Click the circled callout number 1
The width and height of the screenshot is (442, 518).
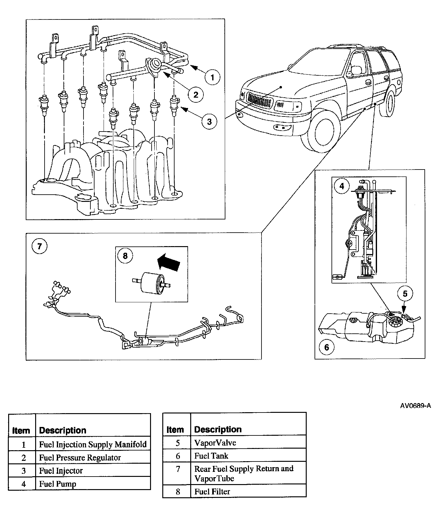click(213, 77)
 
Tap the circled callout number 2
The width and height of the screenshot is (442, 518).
click(196, 94)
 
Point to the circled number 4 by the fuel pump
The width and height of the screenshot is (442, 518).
click(342, 186)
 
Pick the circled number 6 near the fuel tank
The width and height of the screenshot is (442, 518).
click(327, 347)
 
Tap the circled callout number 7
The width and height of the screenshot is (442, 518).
click(40, 246)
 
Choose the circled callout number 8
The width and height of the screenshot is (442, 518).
click(125, 256)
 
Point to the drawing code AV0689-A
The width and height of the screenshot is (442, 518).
click(415, 406)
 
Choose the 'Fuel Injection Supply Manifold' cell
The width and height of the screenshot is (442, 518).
click(93, 445)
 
